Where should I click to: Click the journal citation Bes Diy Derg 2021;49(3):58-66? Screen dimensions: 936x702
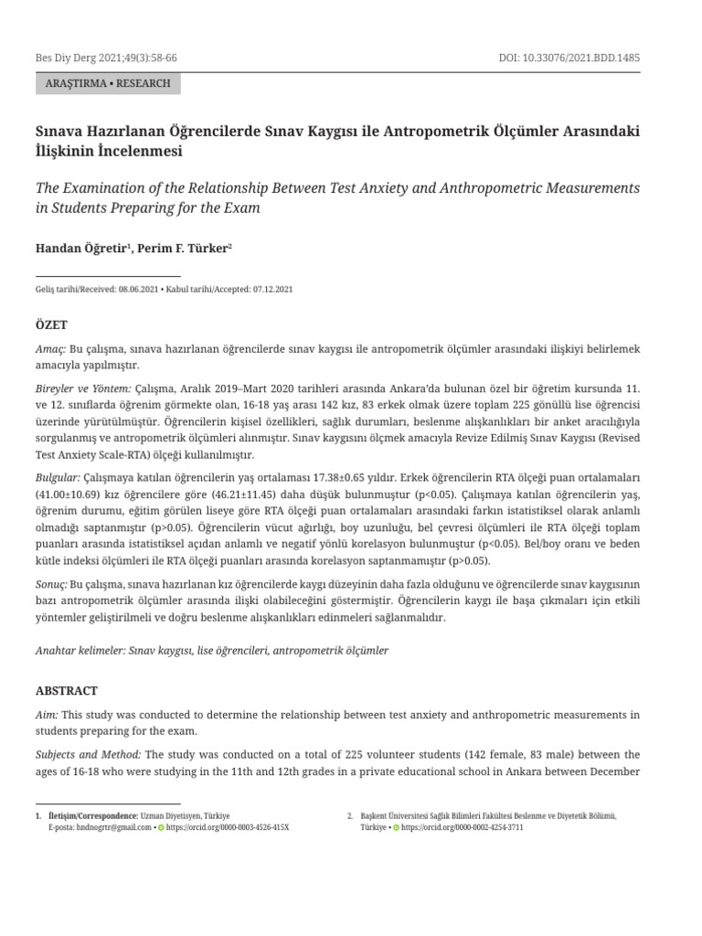pos(105,58)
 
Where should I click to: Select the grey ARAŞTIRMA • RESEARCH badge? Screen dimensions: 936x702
pos(108,83)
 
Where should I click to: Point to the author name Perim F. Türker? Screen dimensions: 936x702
pos(182,248)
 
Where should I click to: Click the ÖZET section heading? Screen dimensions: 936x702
pos(51,325)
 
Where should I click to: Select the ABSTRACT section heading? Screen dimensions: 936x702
pos(66,691)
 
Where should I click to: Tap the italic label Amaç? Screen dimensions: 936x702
pos(50,349)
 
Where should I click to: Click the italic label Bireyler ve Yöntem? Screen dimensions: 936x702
pos(83,388)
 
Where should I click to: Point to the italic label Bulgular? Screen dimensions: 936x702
pos(58,478)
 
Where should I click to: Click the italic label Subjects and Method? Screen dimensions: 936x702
pos(88,754)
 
